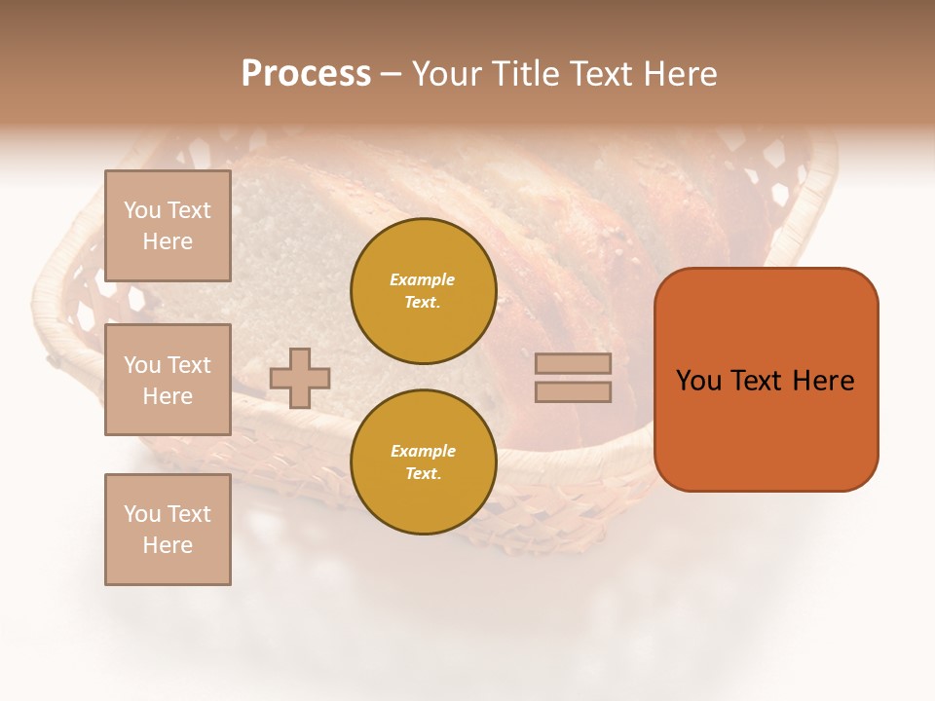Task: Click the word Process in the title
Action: pos(306,74)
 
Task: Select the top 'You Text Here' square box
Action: pos(168,226)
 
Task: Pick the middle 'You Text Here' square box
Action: pos(168,380)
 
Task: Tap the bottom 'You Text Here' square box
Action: pos(168,530)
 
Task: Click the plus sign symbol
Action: pos(300,378)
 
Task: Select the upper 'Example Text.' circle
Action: pos(424,291)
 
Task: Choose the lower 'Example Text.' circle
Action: pos(424,462)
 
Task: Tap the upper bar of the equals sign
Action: pos(573,364)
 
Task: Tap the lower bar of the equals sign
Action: pos(573,392)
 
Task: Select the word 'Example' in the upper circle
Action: pos(423,279)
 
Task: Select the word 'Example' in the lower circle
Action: pos(423,451)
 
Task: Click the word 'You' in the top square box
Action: pos(141,210)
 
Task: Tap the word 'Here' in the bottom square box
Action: pos(168,545)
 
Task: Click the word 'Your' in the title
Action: pos(446,74)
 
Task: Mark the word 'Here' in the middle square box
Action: pos(168,396)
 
